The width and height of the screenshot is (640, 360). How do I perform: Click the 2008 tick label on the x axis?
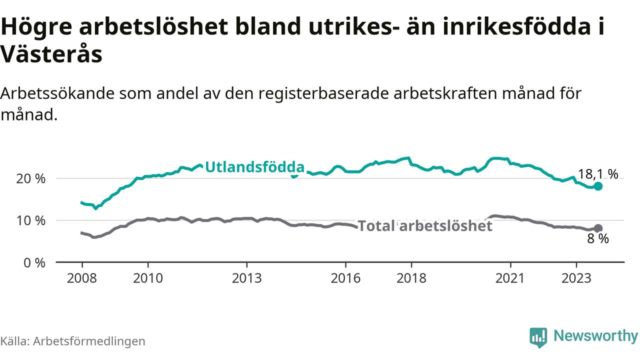pos(82,278)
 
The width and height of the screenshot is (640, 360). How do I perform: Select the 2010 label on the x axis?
pos(148,278)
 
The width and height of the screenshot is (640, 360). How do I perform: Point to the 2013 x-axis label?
pos(247,278)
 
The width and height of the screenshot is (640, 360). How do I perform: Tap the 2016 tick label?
pos(345,278)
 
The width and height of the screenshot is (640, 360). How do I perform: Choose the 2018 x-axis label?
pos(411,278)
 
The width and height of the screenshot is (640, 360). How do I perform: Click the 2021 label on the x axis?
pos(510,278)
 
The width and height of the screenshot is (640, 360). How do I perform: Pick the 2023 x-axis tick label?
pos(576,278)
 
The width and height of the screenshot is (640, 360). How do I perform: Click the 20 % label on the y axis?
pos(30,179)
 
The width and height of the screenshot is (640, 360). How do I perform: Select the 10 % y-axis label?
pos(30,221)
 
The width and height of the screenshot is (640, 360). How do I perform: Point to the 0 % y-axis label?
pos(34,263)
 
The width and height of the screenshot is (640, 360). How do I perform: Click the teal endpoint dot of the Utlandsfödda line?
pos(598,186)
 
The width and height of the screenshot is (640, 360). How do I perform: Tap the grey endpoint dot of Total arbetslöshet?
pos(598,228)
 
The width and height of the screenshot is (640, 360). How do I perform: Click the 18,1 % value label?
pos(598,174)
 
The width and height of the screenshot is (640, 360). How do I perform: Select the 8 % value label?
pos(598,239)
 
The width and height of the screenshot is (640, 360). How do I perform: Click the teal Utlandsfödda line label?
pos(255,167)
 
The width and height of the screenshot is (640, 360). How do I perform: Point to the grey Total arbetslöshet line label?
pos(425,226)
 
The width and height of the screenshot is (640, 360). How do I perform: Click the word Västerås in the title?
pos(51,54)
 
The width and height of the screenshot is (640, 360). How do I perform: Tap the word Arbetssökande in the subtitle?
pos(57,93)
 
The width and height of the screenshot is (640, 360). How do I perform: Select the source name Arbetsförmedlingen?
pos(89,341)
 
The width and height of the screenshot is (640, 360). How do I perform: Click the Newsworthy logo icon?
pos(538,337)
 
